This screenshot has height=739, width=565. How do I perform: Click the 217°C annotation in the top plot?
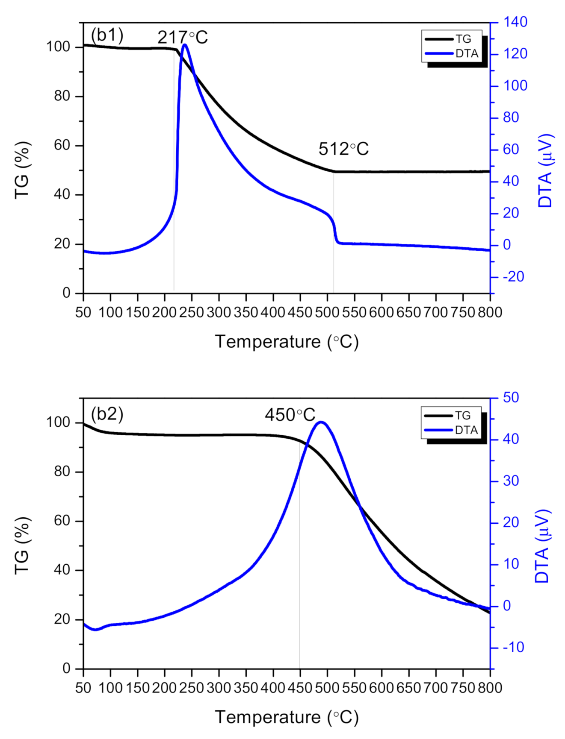pos(182,38)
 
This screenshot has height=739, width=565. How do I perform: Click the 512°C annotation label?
pos(343,149)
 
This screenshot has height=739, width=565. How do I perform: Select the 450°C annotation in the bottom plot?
pos(290,415)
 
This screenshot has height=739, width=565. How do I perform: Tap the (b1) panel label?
pos(107,35)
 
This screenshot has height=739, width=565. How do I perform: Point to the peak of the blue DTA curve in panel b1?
pos(185,44)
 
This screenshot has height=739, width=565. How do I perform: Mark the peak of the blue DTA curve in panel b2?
pos(321,422)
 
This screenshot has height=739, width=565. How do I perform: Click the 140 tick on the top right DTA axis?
pos(515,22)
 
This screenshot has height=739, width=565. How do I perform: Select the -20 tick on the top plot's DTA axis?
pos(513,277)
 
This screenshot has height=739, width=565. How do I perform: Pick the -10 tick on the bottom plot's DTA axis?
pos(513,647)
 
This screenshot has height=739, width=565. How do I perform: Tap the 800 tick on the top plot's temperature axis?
pos(490,312)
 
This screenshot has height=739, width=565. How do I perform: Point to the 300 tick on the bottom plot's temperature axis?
pos(219,688)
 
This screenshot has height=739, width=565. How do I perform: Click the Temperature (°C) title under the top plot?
pos(287,342)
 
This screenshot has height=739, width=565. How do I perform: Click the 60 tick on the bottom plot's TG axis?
pos(62,521)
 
